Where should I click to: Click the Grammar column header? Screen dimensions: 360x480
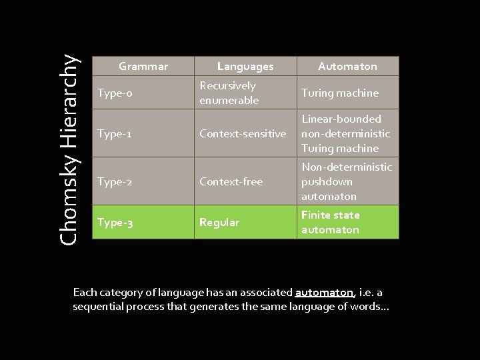click(143, 66)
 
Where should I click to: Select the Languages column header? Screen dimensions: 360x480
click(245, 66)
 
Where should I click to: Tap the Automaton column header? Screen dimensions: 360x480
click(347, 66)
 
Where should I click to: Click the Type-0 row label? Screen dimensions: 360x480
click(115, 93)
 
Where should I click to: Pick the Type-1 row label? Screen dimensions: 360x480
click(114, 133)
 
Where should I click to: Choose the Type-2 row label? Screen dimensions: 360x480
click(115, 181)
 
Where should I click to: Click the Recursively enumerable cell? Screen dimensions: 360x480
click(229, 93)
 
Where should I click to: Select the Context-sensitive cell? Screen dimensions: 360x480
click(243, 133)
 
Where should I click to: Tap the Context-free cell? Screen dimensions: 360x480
click(231, 181)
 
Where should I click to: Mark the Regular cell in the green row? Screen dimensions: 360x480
click(219, 222)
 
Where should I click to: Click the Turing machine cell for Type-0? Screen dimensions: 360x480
click(339, 93)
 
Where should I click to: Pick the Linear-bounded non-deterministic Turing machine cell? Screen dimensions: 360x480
click(345, 133)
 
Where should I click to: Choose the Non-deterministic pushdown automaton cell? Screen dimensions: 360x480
click(346, 181)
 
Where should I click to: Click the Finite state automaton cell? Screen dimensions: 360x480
click(330, 222)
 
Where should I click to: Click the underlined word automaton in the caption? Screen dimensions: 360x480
click(325, 293)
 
